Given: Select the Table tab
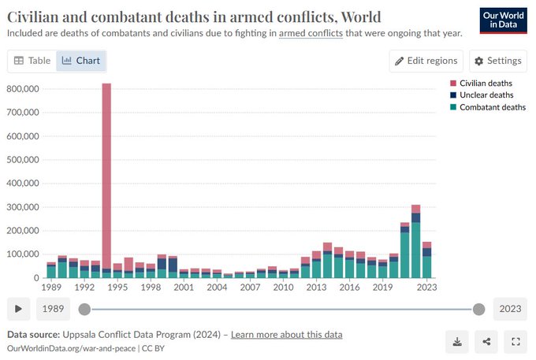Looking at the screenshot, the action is point(32,61).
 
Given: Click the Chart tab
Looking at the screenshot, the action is point(81,61).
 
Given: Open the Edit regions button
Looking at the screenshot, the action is point(426,61).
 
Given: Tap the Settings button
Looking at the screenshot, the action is point(497,61).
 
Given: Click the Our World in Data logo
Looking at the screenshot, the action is point(503,20).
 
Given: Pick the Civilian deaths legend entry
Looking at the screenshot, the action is point(482,84).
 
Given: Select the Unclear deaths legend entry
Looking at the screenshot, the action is point(482,95).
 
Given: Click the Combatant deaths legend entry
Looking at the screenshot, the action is point(488,107).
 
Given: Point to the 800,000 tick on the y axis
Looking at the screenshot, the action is point(23,89).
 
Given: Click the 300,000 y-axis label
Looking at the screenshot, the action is point(23,207).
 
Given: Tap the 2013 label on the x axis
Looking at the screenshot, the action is point(316,288).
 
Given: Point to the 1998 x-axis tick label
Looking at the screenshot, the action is point(151,288).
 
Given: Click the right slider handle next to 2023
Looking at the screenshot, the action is point(478,309).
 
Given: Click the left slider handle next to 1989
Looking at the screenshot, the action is point(84,309).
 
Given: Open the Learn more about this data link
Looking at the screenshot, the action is point(286,334).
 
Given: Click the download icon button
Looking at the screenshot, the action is point(457,342).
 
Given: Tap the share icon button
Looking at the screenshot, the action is point(486,342).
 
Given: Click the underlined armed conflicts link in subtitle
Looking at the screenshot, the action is point(311,33).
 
